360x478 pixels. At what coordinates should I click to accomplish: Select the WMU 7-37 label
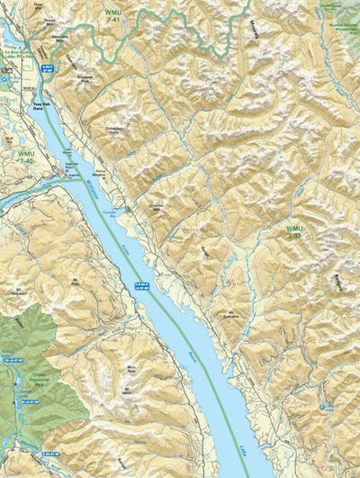(295, 233)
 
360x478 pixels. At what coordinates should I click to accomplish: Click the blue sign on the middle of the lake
(142, 285)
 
